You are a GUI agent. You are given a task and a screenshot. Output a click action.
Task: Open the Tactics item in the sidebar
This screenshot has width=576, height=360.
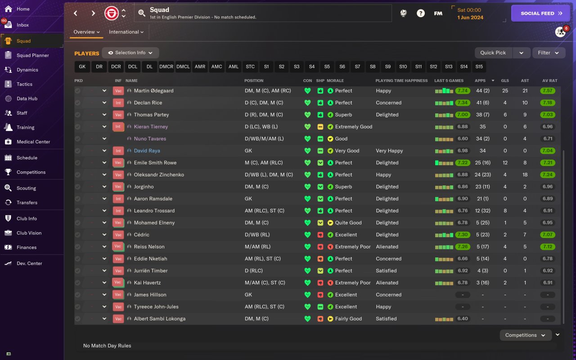click(x=24, y=84)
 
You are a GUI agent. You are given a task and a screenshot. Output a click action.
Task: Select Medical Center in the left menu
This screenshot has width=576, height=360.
click(x=33, y=142)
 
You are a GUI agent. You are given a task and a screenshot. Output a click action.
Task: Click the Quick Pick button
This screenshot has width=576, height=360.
click(x=493, y=53)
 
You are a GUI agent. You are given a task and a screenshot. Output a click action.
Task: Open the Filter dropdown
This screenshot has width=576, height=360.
click(x=549, y=53)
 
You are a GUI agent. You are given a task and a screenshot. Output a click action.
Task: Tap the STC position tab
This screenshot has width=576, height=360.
click(x=250, y=67)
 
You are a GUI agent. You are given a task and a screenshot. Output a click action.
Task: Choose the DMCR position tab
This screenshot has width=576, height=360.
click(x=166, y=67)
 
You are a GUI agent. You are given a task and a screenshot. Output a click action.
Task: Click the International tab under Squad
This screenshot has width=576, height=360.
click(x=126, y=32)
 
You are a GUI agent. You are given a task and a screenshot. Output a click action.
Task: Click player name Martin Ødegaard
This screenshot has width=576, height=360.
click(x=153, y=91)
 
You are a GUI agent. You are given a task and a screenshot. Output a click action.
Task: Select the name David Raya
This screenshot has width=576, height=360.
click(x=147, y=151)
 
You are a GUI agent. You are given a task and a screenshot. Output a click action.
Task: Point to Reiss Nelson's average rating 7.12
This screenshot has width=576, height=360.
click(x=548, y=247)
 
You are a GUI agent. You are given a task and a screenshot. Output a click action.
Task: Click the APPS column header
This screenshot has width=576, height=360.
click(x=480, y=81)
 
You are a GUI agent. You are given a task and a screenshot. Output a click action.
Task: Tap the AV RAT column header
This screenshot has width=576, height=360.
click(x=549, y=81)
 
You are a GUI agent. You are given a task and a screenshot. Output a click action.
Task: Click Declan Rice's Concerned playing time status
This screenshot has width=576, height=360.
click(x=388, y=103)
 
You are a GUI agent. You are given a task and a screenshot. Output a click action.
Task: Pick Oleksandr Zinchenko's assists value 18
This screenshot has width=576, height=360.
click(x=525, y=175)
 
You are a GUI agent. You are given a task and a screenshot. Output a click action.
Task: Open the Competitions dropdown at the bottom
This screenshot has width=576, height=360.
click(x=525, y=335)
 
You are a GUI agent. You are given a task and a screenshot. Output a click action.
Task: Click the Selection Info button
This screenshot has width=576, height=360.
click(x=130, y=53)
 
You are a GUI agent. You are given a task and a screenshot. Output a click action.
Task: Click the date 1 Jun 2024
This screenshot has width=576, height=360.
click(x=470, y=18)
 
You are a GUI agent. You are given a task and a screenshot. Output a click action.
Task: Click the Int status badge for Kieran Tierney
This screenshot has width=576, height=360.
click(x=118, y=127)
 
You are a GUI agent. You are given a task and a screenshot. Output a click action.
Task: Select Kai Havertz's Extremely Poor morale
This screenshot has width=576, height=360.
click(x=353, y=283)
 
